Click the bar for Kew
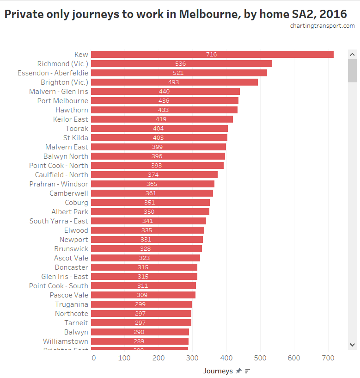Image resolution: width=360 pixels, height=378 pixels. point(212,55)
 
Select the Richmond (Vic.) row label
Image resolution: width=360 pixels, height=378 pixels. point(62,64)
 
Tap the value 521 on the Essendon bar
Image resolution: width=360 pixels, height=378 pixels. point(178,73)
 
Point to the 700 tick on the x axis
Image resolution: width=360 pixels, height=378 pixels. point(328,358)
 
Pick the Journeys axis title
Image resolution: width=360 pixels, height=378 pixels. point(218,371)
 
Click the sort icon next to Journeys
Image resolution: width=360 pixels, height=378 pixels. point(248,371)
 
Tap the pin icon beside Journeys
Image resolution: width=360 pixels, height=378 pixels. point(238,371)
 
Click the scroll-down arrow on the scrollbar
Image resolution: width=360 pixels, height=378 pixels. point(352,344)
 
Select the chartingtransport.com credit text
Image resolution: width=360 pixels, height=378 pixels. point(322,26)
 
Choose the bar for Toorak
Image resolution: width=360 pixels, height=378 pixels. point(159,129)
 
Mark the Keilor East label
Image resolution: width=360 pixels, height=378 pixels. point(70,119)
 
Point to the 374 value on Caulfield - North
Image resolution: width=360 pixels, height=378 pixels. point(153,175)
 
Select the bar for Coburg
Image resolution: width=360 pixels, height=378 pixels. point(150,203)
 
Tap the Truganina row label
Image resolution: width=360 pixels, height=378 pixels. point(72,304)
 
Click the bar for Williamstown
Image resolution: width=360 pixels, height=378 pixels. point(140,341)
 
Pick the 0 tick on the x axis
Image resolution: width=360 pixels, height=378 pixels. point(94,358)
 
